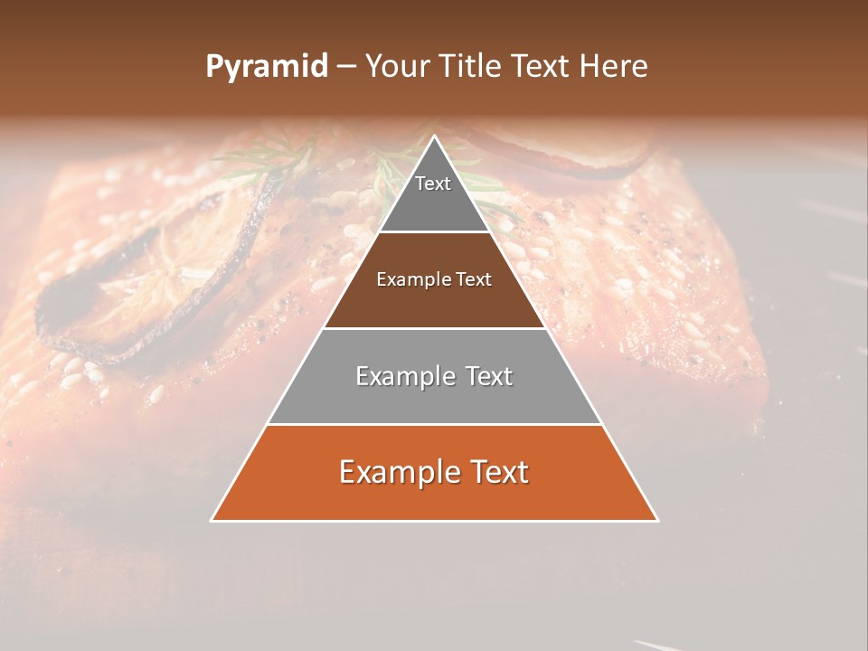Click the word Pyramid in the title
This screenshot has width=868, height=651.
[266, 67]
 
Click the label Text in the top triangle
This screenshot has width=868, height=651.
[433, 184]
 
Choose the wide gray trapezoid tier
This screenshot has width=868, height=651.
[434, 398]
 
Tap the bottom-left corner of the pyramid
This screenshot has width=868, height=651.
[212, 520]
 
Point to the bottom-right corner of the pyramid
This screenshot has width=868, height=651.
[657, 520]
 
